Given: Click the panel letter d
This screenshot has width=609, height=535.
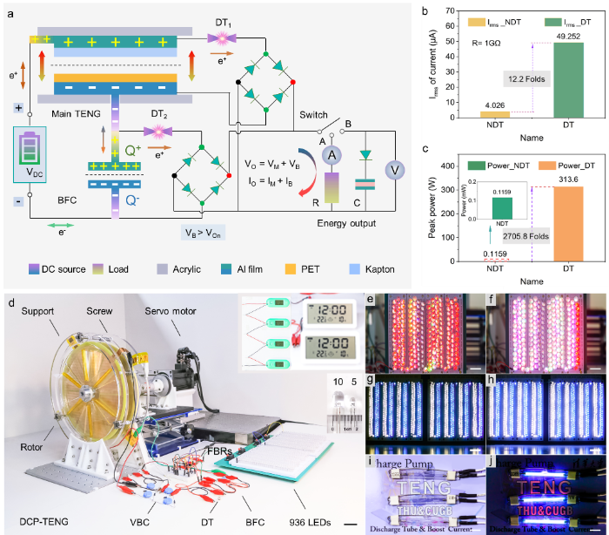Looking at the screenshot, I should tap(10, 303).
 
